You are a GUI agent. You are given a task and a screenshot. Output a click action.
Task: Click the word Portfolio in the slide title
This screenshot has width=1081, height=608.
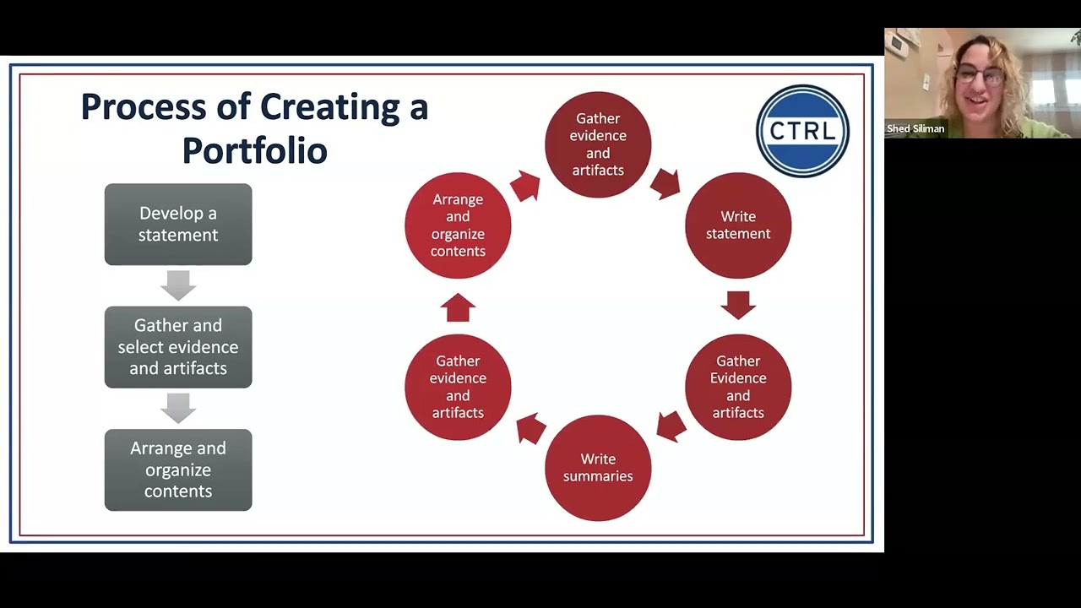coord(254,150)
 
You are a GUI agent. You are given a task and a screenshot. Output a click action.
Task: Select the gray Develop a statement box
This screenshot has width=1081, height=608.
coord(178,225)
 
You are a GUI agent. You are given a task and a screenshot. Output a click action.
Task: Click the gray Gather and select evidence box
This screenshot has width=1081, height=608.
coord(178,347)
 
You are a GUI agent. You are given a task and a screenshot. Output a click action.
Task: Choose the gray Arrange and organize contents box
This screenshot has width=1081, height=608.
coord(178,470)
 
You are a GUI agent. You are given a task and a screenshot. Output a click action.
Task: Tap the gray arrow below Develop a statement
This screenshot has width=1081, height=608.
coord(178,285)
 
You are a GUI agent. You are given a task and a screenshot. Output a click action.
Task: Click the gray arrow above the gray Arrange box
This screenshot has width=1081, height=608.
coord(178,409)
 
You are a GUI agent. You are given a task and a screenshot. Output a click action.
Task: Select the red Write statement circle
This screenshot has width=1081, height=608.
coord(738,225)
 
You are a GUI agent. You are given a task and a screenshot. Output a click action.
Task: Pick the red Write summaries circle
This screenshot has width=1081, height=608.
coord(598,468)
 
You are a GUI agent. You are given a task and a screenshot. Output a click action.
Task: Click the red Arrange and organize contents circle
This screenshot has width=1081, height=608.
coord(458,225)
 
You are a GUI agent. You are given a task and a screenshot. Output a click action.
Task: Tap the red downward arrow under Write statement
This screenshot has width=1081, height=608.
coord(738,305)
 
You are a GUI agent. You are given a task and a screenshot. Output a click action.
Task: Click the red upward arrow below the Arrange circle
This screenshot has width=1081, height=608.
coord(458,307)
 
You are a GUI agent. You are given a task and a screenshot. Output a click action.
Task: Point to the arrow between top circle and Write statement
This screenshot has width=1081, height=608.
coord(666,183)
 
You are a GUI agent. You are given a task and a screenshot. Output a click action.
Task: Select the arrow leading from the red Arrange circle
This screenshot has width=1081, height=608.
coord(525,186)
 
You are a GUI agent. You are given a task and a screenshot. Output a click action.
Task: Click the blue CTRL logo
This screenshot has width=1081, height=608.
coord(802,131)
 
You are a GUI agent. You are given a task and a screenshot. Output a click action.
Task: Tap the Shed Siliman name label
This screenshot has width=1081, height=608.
coord(915,129)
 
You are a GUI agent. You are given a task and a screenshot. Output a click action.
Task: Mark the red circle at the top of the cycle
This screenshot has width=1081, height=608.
coord(598,144)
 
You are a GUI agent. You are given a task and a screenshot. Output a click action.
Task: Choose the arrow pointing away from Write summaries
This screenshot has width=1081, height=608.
coord(530,428)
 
